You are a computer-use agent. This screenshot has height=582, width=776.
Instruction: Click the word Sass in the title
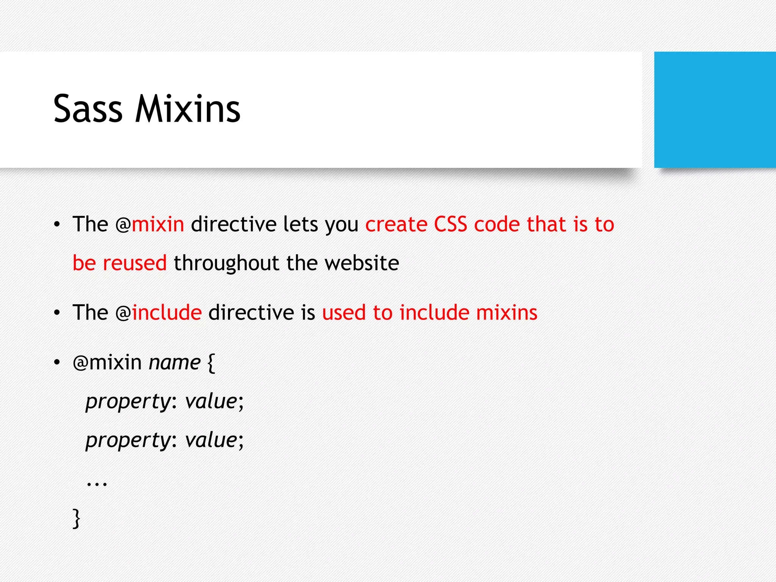tap(88, 109)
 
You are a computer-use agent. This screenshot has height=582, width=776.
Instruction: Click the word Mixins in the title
tap(188, 109)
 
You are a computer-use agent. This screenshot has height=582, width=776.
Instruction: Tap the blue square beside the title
tap(715, 110)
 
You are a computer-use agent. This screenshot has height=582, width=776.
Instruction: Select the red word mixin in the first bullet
tap(158, 224)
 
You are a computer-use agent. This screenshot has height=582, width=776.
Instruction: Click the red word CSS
tap(450, 224)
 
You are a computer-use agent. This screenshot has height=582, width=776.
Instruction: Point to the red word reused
tap(135, 263)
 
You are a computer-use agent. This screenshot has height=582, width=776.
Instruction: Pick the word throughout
tap(226, 263)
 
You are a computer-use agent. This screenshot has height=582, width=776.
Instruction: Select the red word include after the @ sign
tap(167, 313)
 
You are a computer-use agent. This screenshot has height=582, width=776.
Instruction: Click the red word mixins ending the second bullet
tap(507, 313)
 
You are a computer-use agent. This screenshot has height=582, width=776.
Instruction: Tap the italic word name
tap(175, 363)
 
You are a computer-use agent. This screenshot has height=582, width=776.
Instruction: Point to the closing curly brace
tap(77, 518)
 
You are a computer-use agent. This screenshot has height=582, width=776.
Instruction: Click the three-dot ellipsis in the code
tap(97, 483)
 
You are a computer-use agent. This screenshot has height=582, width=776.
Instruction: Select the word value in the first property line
tap(211, 401)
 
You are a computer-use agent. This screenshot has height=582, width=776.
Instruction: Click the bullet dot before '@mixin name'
tap(57, 363)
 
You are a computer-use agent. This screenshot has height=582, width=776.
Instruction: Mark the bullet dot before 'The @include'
tap(57, 313)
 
